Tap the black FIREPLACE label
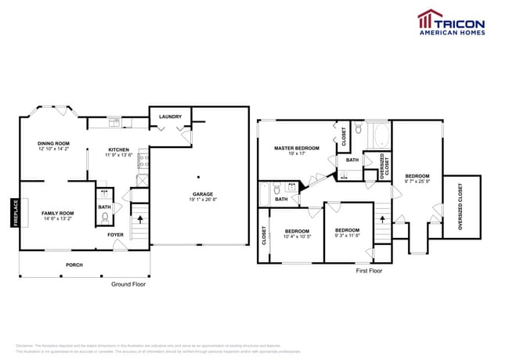(x=15, y=212)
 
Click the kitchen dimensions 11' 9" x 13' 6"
(x=118, y=155)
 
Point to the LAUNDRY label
(x=170, y=117)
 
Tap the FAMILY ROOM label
(x=58, y=213)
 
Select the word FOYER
(x=115, y=234)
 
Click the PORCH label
(x=74, y=265)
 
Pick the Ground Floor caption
(x=128, y=284)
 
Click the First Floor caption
(x=369, y=271)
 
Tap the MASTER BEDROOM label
(x=294, y=148)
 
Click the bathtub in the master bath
(x=379, y=135)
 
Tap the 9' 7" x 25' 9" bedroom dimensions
(x=417, y=181)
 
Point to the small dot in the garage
(x=198, y=175)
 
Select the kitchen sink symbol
(x=114, y=122)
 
